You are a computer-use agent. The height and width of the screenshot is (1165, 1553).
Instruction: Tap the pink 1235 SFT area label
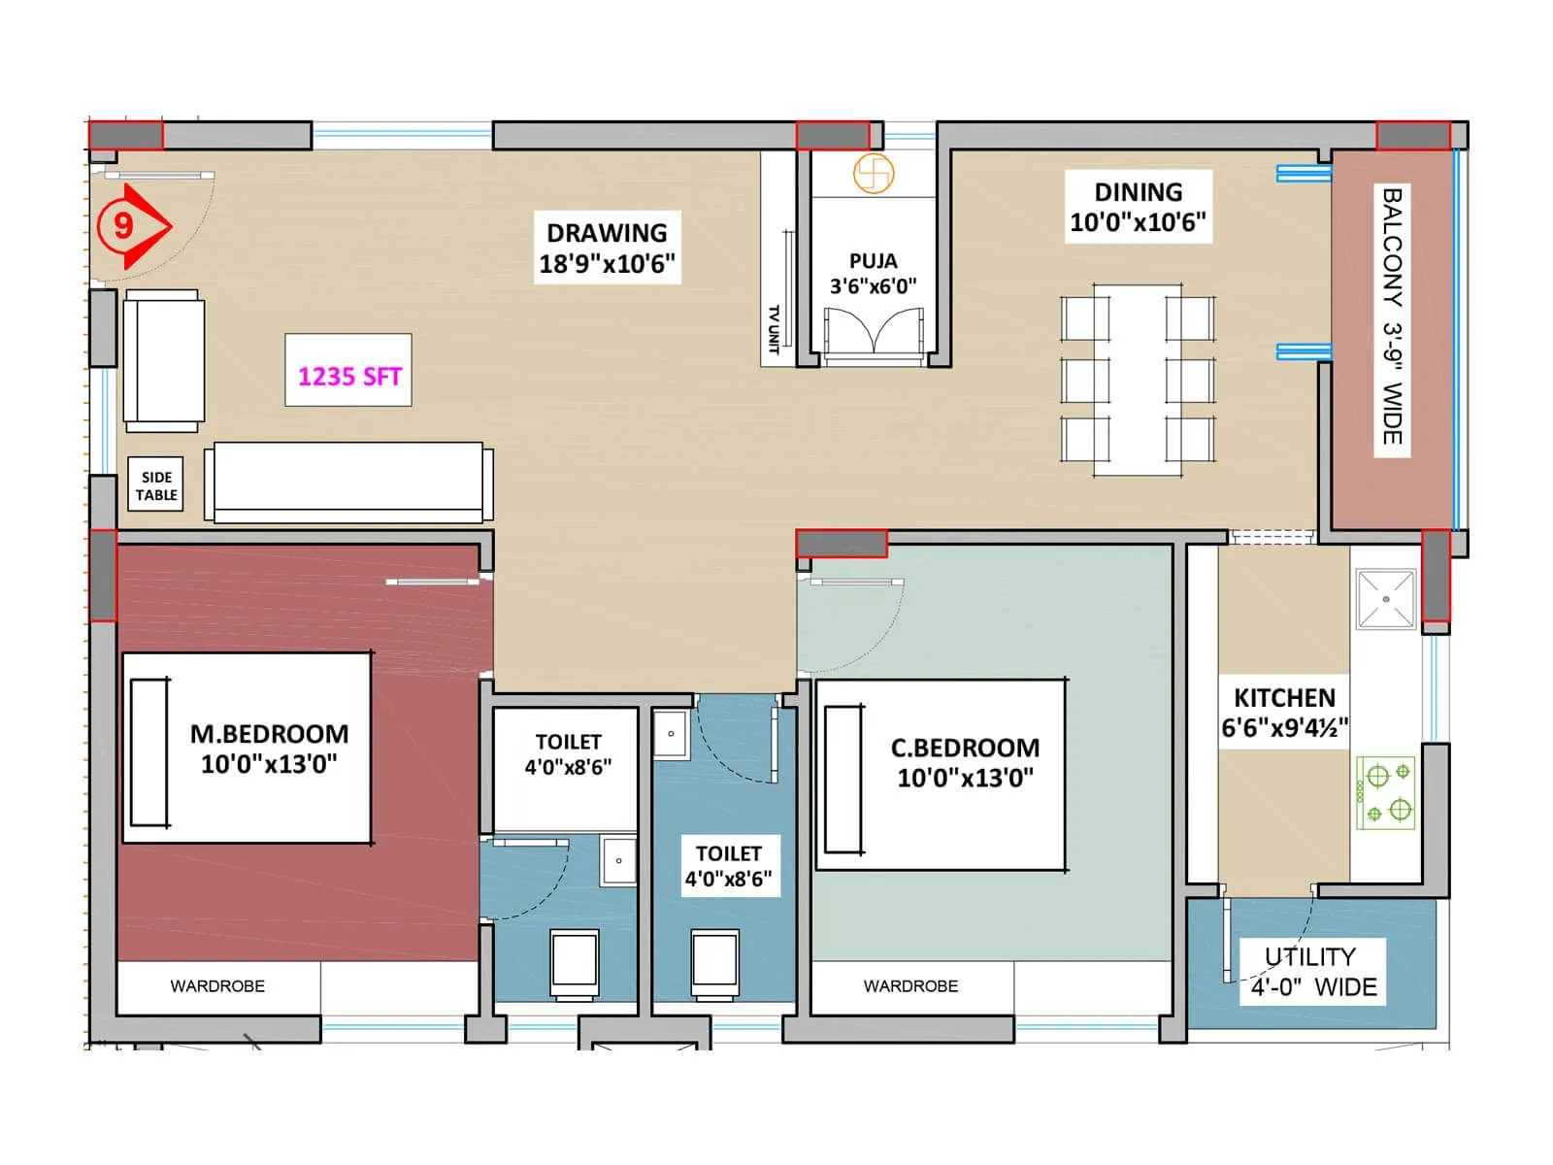348,376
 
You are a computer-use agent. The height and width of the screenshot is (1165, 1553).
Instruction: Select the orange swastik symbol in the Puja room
873,174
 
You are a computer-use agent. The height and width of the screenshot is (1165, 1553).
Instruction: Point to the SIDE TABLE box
156,485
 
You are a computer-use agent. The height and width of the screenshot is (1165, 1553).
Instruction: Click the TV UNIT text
774,330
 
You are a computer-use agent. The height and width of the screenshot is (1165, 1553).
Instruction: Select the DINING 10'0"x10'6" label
1138,207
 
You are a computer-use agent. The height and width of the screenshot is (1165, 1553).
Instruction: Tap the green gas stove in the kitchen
1387,792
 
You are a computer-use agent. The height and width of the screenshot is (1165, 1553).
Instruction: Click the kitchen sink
1386,599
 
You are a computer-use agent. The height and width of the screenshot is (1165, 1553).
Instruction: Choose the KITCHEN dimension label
1284,713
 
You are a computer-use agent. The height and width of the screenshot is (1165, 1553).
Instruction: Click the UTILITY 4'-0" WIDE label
1312,972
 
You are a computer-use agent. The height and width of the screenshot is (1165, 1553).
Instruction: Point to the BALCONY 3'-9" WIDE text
1393,316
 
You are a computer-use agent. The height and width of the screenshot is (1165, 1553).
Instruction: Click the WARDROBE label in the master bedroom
217,986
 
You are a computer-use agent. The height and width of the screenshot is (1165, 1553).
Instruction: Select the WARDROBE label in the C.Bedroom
910,986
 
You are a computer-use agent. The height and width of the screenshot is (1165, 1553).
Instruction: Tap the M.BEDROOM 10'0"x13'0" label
269,749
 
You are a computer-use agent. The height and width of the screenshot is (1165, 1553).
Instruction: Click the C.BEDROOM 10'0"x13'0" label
965,762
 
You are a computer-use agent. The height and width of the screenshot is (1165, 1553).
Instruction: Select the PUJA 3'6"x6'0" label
873,274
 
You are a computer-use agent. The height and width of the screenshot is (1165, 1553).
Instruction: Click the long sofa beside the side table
347,482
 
